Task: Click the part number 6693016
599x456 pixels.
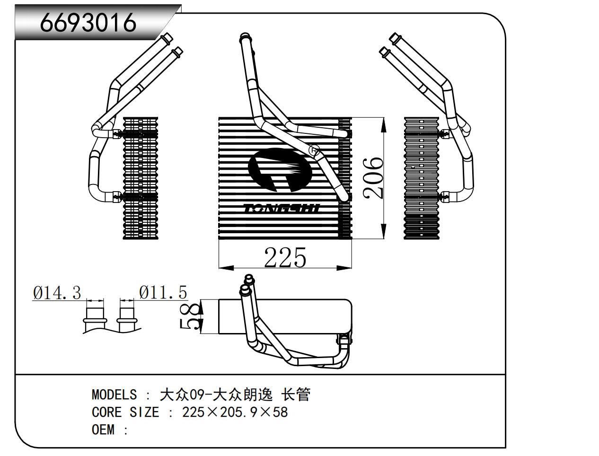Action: click(x=88, y=22)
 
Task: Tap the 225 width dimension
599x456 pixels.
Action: click(x=285, y=258)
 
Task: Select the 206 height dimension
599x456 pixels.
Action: click(x=373, y=177)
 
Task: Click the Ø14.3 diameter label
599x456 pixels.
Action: click(x=57, y=293)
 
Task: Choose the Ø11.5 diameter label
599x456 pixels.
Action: click(x=163, y=293)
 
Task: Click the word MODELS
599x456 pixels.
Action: click(x=114, y=395)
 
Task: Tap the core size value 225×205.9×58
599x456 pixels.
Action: click(x=235, y=412)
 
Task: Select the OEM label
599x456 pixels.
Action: click(x=103, y=430)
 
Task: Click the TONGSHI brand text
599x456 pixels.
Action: click(x=282, y=209)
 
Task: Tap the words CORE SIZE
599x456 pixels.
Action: click(x=125, y=412)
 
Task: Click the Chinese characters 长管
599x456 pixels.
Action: click(x=296, y=395)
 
